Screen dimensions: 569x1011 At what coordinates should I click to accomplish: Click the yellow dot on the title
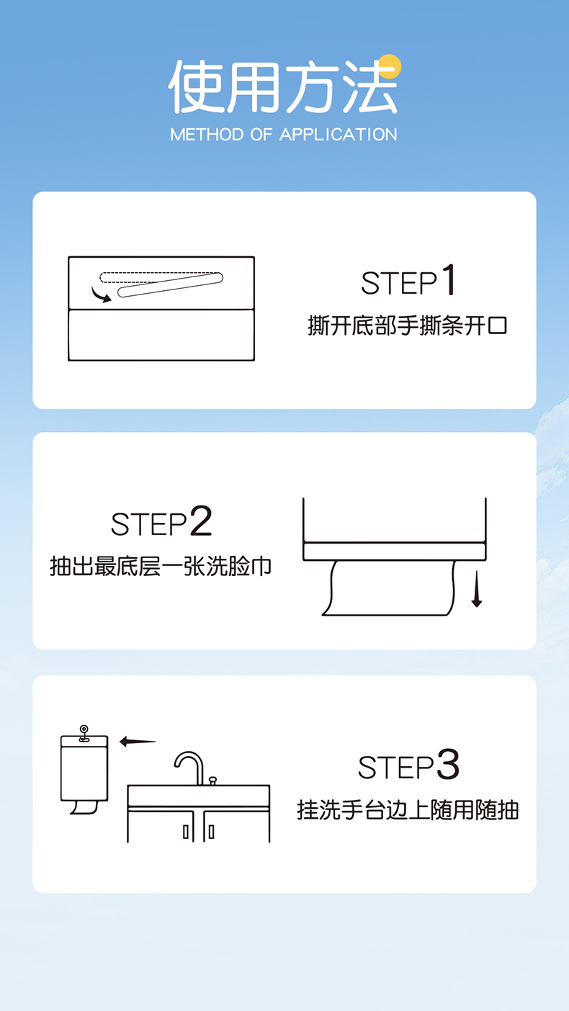click(x=389, y=67)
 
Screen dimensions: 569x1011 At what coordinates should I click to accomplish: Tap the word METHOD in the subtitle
click(x=207, y=135)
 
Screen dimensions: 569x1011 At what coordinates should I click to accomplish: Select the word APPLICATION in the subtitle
click(x=339, y=135)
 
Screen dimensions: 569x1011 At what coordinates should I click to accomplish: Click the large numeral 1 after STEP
click(x=448, y=280)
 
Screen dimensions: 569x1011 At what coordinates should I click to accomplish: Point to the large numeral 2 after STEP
click(x=201, y=521)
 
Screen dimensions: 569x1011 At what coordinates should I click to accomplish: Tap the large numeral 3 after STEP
click(x=448, y=764)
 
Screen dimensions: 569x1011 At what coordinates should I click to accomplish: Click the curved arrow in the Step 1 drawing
click(x=100, y=295)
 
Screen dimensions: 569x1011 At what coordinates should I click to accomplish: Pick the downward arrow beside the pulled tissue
click(x=476, y=588)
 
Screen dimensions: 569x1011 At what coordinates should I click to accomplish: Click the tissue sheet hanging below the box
click(x=388, y=588)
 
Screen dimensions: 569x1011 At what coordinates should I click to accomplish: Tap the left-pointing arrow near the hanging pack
click(x=138, y=741)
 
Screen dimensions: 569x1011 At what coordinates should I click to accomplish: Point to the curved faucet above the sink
click(x=189, y=768)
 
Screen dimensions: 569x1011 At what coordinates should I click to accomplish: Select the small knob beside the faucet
click(x=212, y=781)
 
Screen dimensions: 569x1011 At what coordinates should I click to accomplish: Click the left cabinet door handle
click(x=186, y=832)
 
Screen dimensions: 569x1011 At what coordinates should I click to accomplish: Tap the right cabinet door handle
click(x=211, y=832)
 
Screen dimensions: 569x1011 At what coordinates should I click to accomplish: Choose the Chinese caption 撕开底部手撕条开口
click(x=408, y=325)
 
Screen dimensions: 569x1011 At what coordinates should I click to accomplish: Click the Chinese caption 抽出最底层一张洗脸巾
click(x=161, y=566)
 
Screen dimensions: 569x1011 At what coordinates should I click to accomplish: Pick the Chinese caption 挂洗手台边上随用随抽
click(x=408, y=809)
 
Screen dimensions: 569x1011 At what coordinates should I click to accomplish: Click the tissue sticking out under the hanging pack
click(x=84, y=807)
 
